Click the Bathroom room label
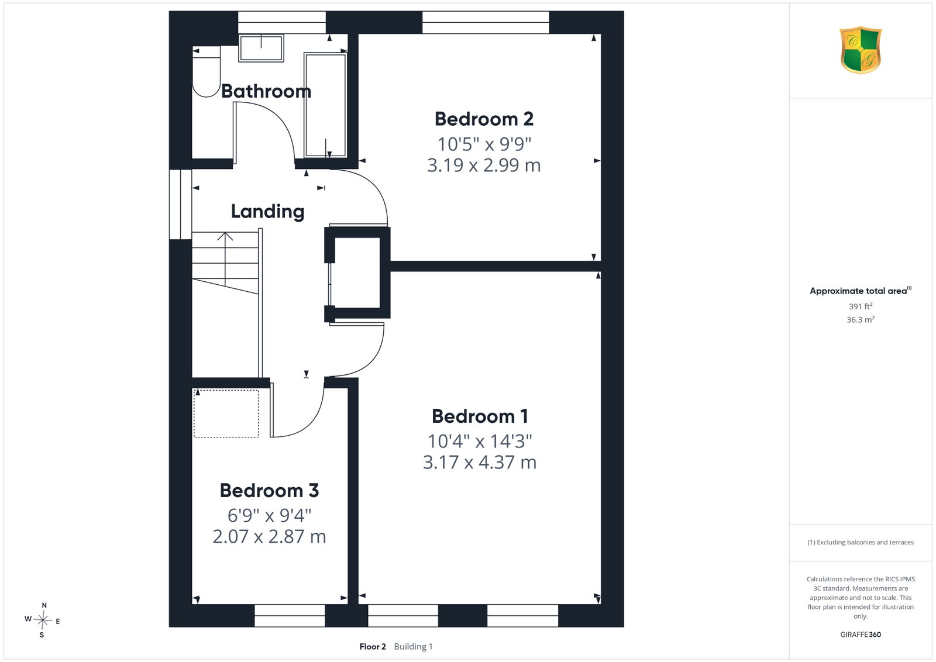tap(266, 91)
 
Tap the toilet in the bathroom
tap(206, 72)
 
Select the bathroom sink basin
tap(261, 49)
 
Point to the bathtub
tap(325, 105)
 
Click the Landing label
tap(267, 211)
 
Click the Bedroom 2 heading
tap(484, 119)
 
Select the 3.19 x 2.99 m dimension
tap(484, 165)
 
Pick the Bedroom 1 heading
tap(480, 416)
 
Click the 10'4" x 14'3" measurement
tap(480, 441)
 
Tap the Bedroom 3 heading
tap(269, 490)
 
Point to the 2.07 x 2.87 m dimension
tap(269, 537)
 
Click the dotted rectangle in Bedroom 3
tap(226, 413)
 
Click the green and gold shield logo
tap(861, 50)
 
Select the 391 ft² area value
tap(861, 306)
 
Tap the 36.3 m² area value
tap(861, 319)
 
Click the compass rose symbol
tap(42, 620)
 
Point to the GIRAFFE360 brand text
tap(861, 635)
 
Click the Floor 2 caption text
tap(373, 647)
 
